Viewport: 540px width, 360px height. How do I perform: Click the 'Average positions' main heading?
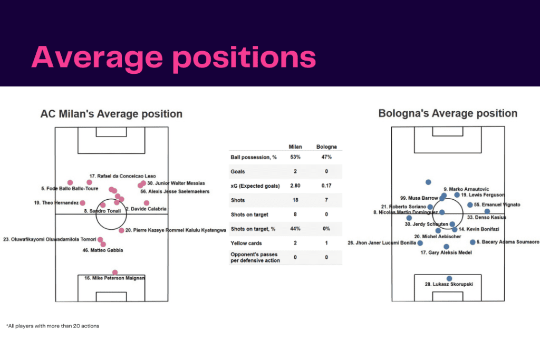[173, 57]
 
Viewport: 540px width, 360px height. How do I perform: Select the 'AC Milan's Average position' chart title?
[111, 114]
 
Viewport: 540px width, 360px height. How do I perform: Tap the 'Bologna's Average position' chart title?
[448, 113]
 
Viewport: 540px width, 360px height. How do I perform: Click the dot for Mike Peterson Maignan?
[115, 272]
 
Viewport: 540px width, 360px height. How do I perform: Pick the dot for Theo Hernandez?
[82, 203]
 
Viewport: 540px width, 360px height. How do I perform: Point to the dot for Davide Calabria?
[147, 203]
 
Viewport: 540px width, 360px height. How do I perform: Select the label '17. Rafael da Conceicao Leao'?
[122, 176]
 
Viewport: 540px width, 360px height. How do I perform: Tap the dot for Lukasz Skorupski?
[449, 278]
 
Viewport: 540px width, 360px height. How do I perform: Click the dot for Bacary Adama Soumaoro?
[472, 242]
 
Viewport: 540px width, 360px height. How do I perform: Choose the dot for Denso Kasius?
[487, 211]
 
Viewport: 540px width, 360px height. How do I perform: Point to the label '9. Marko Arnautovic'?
[466, 189]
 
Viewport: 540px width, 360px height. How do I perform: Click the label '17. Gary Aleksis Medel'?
[446, 253]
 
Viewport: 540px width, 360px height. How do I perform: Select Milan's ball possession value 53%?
[295, 157]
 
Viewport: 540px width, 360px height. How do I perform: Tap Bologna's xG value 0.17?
[326, 186]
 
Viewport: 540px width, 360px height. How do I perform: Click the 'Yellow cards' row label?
[245, 244]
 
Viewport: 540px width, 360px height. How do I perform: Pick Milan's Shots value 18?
[295, 200]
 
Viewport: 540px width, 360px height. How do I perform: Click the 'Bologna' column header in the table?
[326, 147]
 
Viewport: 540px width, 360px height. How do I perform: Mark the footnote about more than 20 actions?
[53, 326]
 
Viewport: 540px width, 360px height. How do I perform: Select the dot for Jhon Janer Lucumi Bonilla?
[420, 243]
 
